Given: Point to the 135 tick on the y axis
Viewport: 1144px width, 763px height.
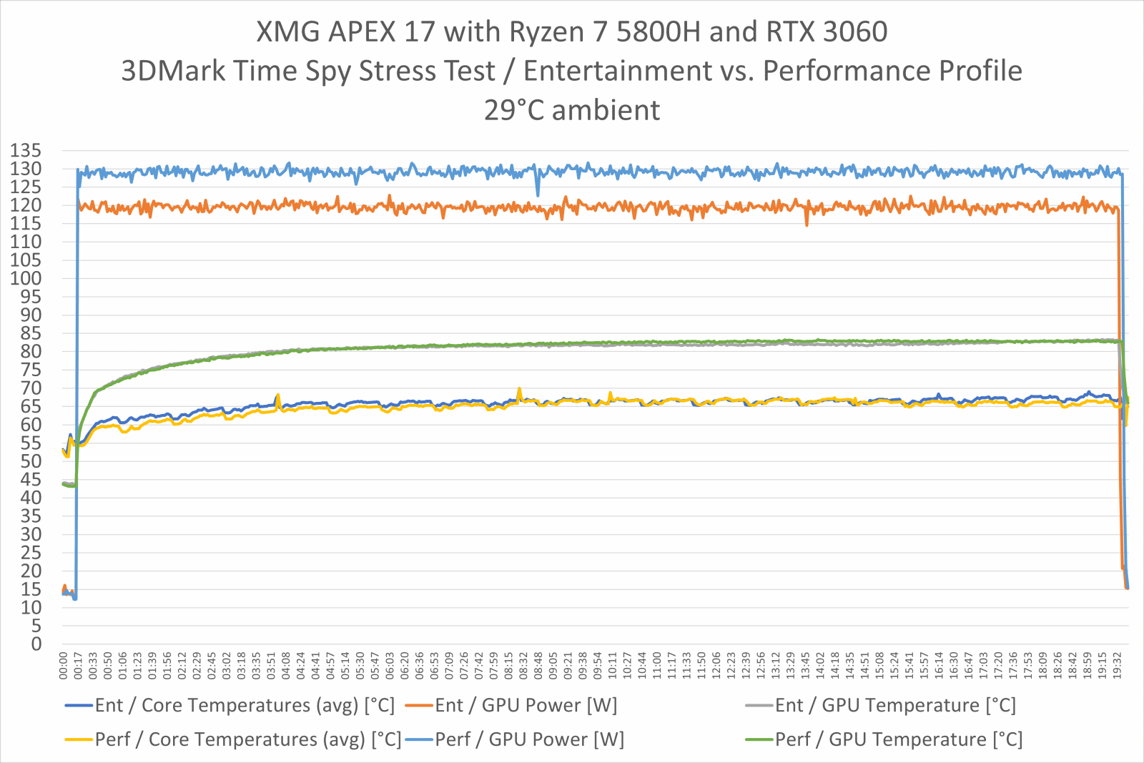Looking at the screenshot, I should point(26,151).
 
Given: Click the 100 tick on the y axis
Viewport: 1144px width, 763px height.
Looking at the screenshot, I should point(26,279).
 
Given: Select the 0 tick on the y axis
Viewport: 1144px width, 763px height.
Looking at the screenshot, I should point(36,644).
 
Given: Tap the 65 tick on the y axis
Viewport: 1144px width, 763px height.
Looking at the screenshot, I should point(31,406).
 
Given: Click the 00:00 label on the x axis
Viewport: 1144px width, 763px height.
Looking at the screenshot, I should point(64,665).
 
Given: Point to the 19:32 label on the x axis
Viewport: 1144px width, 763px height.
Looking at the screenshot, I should point(1117,665).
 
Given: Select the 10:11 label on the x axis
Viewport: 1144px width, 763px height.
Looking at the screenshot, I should point(612,665).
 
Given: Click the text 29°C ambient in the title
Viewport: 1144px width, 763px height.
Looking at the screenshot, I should point(572,110).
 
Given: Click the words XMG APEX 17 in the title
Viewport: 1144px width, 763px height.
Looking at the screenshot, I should point(345,32).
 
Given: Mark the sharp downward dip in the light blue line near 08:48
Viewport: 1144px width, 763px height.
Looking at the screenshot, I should point(538,194).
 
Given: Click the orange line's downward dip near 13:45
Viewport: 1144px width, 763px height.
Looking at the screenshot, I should point(807,224).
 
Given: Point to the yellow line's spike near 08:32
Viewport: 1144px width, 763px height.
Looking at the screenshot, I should point(519,389).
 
